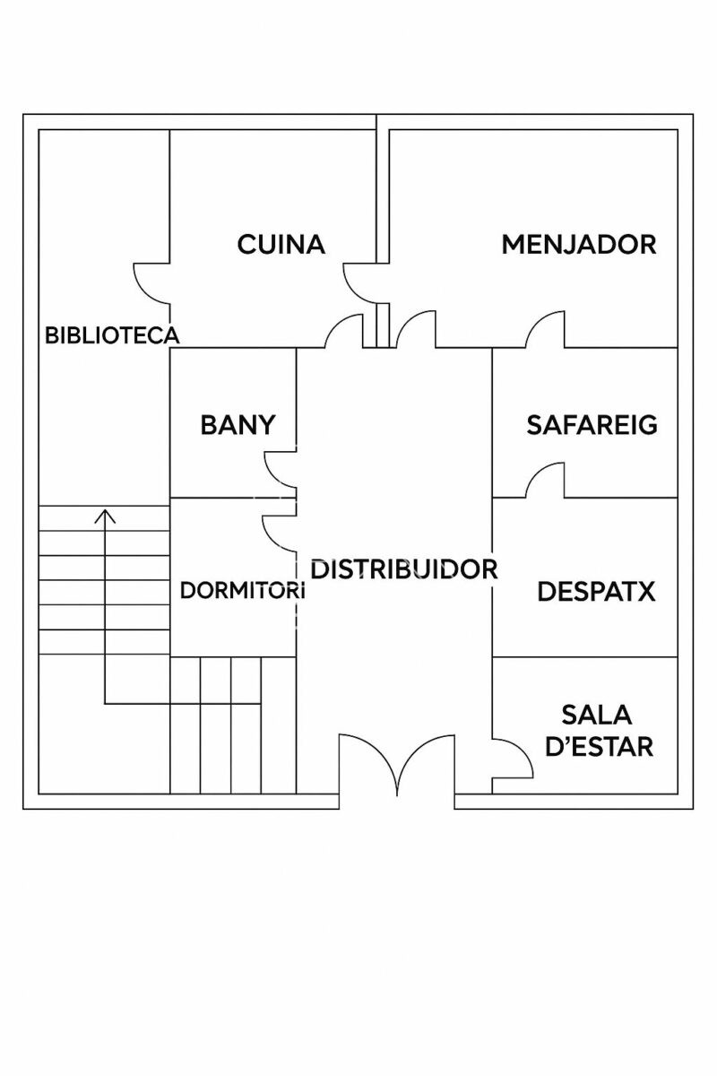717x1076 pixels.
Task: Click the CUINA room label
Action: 281,244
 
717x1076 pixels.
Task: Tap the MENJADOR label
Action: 579,244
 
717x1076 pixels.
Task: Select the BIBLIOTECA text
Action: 112,336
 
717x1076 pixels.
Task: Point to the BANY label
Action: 238,424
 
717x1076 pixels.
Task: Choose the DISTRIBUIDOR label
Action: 404,568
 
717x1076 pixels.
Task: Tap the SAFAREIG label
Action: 592,424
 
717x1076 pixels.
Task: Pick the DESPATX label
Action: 596,592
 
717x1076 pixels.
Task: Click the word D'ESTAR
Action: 599,746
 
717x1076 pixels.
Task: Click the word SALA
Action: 597,715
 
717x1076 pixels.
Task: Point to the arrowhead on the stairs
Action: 106,515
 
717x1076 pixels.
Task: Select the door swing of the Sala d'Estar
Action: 514,759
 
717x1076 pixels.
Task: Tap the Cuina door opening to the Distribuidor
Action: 343,332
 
